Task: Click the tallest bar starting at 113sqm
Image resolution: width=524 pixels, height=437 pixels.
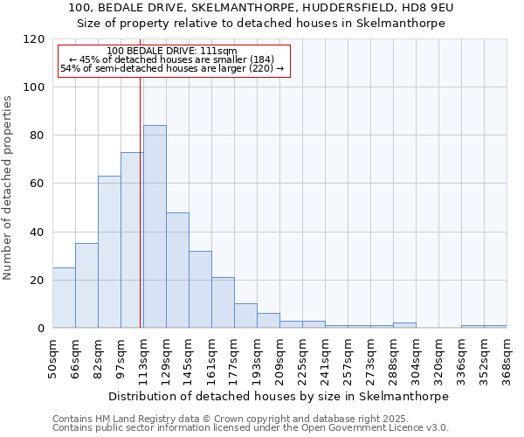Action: pyautogui.click(x=155, y=226)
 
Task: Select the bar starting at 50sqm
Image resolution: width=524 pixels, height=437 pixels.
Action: pyautogui.click(x=64, y=297)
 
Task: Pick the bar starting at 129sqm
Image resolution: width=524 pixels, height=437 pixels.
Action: pyautogui.click(x=177, y=270)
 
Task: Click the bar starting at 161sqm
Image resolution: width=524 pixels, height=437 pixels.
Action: pyautogui.click(x=223, y=302)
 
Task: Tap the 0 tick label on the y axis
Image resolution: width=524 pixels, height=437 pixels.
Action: pyautogui.click(x=42, y=329)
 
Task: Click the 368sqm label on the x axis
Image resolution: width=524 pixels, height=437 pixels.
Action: pyautogui.click(x=507, y=356)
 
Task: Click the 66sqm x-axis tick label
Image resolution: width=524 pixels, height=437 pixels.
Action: pyautogui.click(x=75, y=356)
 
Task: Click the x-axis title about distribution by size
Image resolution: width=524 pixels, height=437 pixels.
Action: pyautogui.click(x=279, y=396)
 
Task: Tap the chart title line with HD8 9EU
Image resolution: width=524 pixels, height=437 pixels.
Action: pyautogui.click(x=261, y=8)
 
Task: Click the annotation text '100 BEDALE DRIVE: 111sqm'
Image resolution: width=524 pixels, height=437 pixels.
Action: pyautogui.click(x=172, y=52)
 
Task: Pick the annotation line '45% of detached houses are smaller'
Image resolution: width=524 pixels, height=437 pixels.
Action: pyautogui.click(x=172, y=60)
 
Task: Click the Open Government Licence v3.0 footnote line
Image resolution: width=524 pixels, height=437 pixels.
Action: pyautogui.click(x=251, y=428)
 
